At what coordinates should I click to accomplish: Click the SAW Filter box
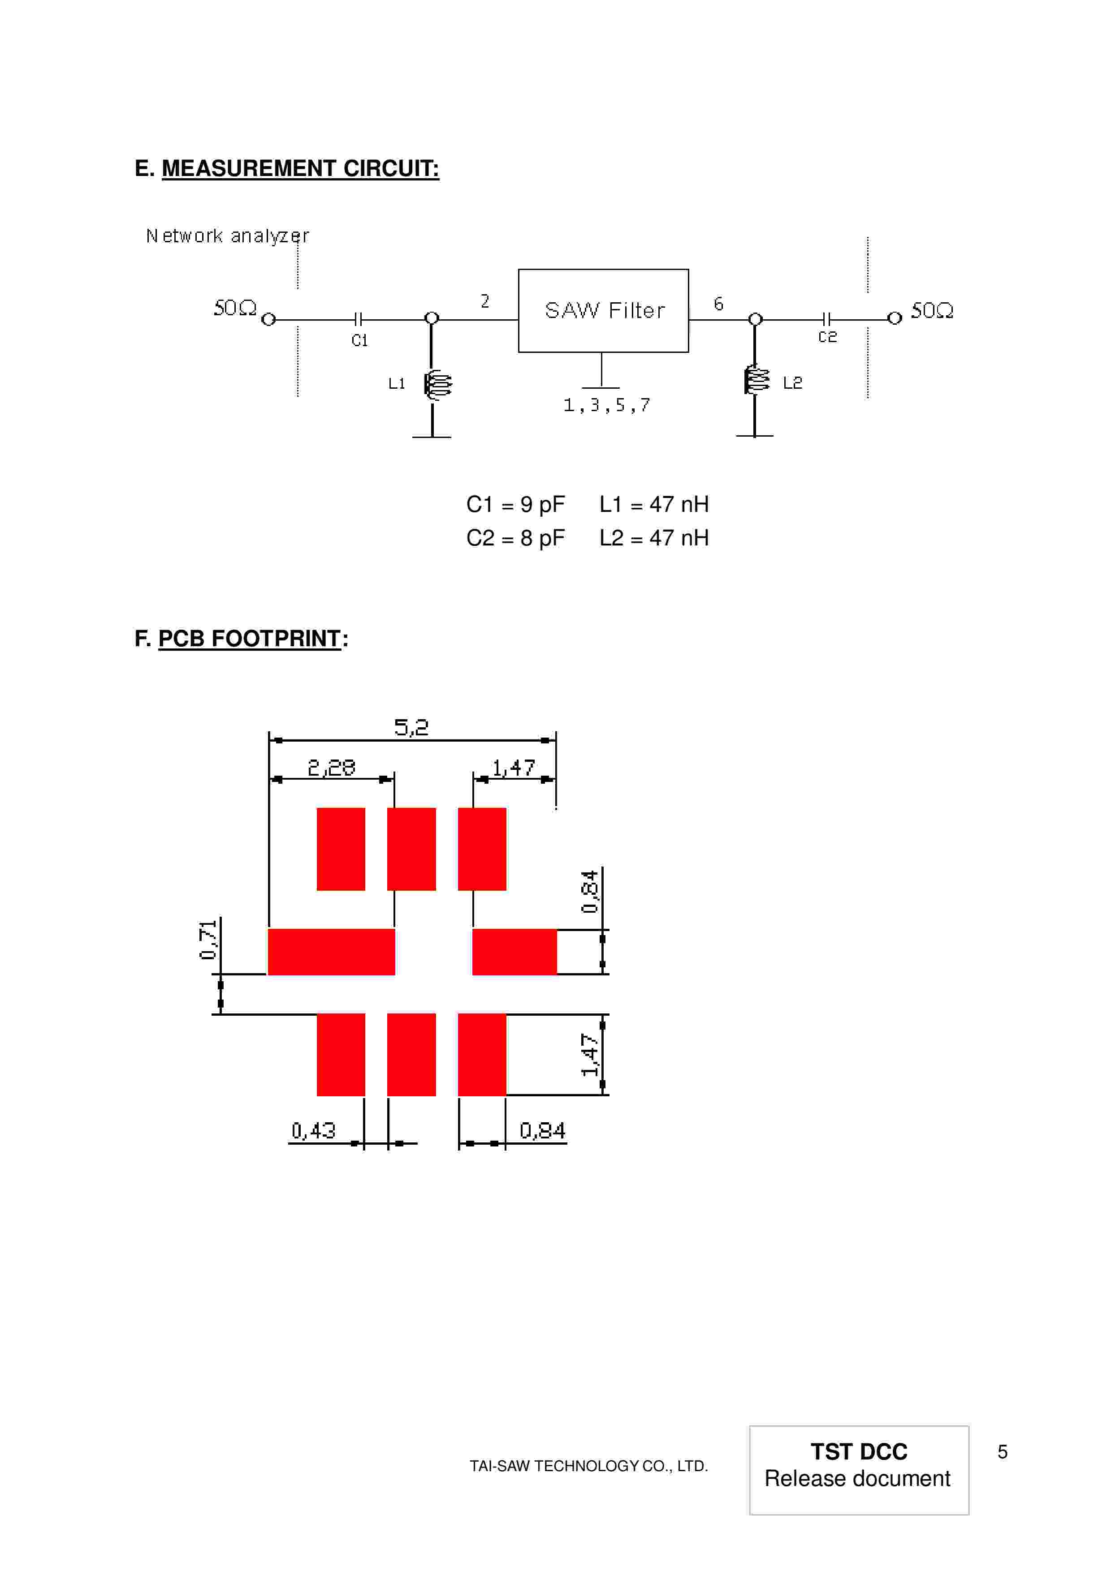point(603,311)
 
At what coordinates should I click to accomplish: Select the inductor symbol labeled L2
point(757,380)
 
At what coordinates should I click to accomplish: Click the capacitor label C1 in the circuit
point(359,340)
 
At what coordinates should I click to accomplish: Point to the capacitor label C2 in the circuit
point(827,337)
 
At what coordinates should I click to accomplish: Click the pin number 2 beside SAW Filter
point(484,301)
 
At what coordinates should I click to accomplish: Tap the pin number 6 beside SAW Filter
point(718,304)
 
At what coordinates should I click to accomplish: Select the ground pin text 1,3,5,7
point(606,405)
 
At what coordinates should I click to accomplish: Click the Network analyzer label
point(227,236)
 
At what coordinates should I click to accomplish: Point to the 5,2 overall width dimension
point(411,727)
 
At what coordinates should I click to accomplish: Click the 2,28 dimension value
point(331,768)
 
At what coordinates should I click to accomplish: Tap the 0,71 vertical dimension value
point(208,940)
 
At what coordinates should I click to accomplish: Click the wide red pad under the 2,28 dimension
point(331,952)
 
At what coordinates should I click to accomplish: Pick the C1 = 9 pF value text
point(515,504)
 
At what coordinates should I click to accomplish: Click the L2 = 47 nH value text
point(654,538)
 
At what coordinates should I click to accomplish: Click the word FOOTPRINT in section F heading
point(276,639)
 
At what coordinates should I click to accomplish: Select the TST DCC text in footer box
point(858,1451)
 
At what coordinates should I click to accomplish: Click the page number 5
point(1002,1451)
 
